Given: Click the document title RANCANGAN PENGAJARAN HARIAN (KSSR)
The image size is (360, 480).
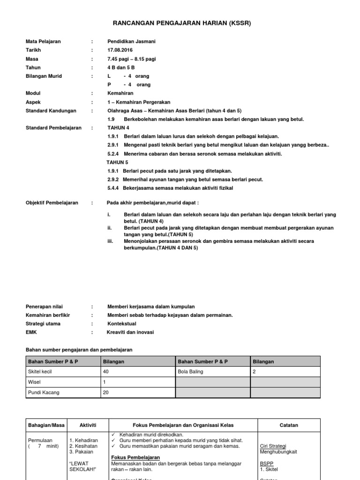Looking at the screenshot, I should click(x=180, y=23).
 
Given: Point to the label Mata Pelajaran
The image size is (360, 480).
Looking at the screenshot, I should click(x=43, y=42).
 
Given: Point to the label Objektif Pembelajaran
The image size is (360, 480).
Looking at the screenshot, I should click(x=52, y=202).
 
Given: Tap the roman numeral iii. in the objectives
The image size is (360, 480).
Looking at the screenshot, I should click(x=111, y=241).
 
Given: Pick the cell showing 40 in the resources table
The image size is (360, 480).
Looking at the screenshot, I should click(x=105, y=371).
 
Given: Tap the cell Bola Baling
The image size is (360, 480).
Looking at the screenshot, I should click(x=191, y=371).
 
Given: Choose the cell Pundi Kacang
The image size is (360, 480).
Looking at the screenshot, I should click(x=44, y=392).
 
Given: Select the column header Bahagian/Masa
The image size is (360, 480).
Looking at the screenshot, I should click(x=46, y=425).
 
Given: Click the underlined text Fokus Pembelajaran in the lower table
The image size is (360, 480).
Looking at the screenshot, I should click(x=135, y=457).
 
